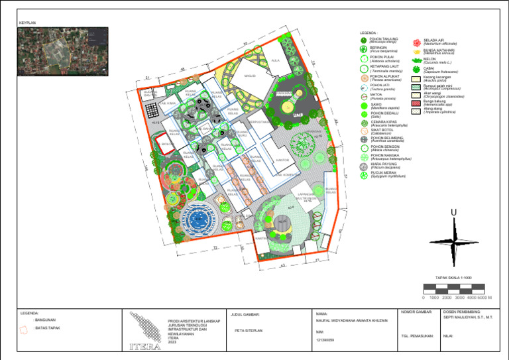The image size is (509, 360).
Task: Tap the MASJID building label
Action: (250, 76)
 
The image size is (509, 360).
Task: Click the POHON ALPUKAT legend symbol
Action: (364, 78)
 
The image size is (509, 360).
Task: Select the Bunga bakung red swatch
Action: (416, 102)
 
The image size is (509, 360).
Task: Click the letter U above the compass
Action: (453, 212)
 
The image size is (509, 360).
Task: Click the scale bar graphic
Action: (457, 288)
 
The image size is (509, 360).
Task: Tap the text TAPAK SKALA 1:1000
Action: (453, 277)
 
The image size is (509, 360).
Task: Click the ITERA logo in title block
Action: (145, 331)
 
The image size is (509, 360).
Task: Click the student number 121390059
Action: (327, 339)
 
